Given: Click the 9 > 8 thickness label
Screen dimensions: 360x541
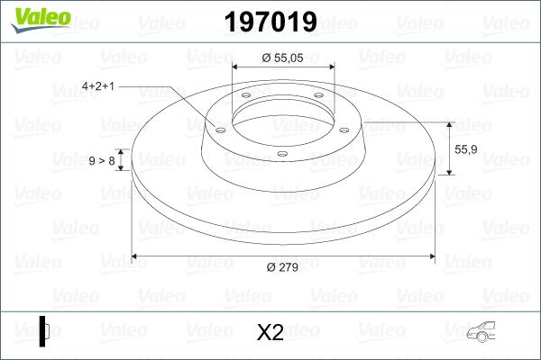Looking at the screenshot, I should coord(101,160).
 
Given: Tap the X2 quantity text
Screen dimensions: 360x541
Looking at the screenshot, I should coord(270,332).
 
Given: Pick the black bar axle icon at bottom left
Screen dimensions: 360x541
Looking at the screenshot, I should coord(43,330).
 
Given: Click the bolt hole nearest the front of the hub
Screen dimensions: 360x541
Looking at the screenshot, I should coord(281,154).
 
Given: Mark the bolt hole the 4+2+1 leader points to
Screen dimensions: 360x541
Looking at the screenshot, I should coord(219,129).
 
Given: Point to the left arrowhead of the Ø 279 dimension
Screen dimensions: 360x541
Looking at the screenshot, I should coord(136,256).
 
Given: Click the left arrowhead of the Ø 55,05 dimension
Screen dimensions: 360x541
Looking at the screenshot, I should coord(236,67).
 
